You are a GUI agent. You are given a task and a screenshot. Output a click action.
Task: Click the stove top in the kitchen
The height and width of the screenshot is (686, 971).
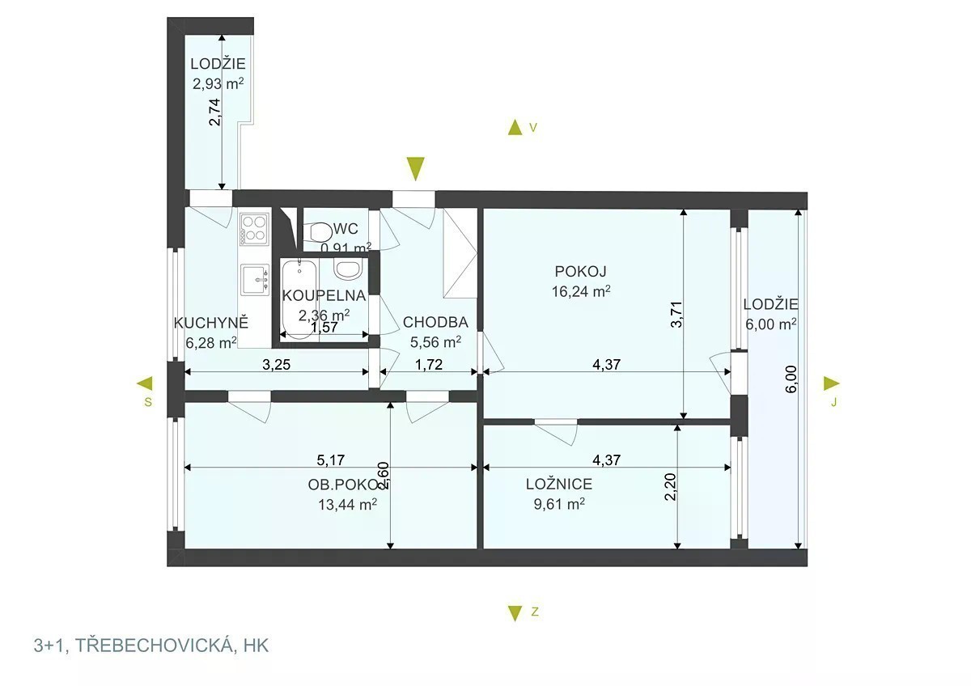[x=254, y=229]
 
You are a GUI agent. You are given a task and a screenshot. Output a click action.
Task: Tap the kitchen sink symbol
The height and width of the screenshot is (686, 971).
[x=255, y=280]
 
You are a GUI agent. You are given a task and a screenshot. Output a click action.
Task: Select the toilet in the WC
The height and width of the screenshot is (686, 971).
[x=318, y=232]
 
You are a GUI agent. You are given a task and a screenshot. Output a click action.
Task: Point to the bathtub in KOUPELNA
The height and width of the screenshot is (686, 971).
[x=300, y=299]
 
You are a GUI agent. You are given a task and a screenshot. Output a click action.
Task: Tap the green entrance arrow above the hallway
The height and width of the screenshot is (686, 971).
[x=416, y=168]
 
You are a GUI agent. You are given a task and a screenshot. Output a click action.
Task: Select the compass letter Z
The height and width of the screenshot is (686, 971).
[x=535, y=612]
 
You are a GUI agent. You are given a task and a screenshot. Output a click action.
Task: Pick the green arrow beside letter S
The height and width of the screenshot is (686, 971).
[x=145, y=383]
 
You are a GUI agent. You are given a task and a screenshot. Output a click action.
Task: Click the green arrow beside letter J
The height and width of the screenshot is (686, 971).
[x=832, y=383]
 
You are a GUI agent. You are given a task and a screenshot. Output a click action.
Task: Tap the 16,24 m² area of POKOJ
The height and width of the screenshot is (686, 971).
[x=581, y=291]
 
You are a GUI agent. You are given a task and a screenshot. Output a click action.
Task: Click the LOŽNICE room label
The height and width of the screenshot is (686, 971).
[x=559, y=484]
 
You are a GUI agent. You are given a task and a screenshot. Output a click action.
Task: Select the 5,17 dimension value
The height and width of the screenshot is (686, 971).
[x=330, y=459]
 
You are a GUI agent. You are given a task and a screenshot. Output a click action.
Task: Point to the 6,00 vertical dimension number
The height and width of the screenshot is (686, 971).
[x=791, y=379]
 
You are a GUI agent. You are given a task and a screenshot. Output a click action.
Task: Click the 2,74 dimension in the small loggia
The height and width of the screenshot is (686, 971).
[x=215, y=112]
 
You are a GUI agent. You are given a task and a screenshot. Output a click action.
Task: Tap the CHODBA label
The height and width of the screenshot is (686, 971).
[x=435, y=322]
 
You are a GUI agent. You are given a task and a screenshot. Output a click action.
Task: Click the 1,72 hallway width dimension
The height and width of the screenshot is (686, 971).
[x=429, y=365]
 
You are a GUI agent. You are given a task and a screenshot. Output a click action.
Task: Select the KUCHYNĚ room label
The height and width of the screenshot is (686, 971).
[x=211, y=323]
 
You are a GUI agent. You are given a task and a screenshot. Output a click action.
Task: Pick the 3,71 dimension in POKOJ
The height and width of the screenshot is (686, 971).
[x=676, y=314]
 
